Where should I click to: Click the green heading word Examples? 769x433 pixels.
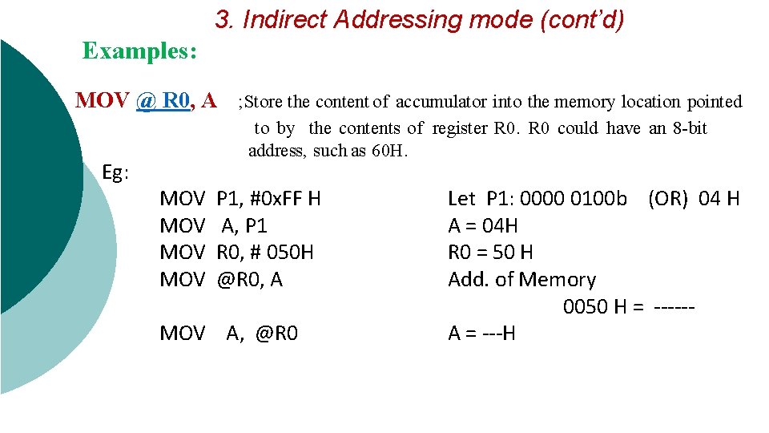[x=139, y=51]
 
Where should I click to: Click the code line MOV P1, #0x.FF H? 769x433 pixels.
[x=240, y=198]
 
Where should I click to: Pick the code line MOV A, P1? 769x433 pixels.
[x=214, y=225]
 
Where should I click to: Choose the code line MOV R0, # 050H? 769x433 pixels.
[x=237, y=253]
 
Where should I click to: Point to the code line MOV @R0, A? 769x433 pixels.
[x=222, y=280]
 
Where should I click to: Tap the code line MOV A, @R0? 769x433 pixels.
[x=229, y=334]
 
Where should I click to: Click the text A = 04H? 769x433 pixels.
[x=482, y=225]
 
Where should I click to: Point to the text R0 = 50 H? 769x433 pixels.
[x=490, y=253]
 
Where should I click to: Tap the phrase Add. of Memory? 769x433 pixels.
[x=521, y=280]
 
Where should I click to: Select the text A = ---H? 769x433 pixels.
[x=481, y=334]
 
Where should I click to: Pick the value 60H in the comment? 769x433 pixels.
[x=390, y=151]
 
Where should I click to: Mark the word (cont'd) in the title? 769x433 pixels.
[x=582, y=19]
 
